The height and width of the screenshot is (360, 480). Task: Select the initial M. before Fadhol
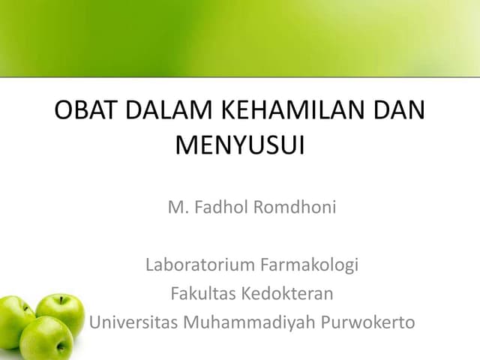pyautogui.click(x=177, y=207)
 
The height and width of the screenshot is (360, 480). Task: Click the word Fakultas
pyautogui.click(x=202, y=294)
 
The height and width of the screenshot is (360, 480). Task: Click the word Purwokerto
pyautogui.click(x=369, y=323)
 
